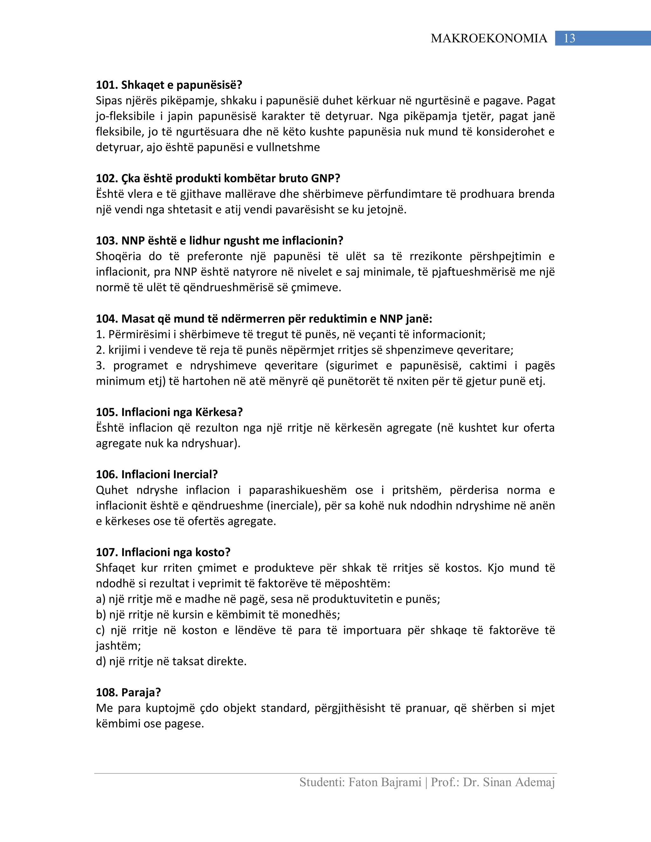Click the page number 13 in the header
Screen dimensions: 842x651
569,38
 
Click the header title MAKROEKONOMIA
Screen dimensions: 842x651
489,38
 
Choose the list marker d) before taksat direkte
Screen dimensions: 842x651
101,662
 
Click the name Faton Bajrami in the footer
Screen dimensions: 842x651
385,782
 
